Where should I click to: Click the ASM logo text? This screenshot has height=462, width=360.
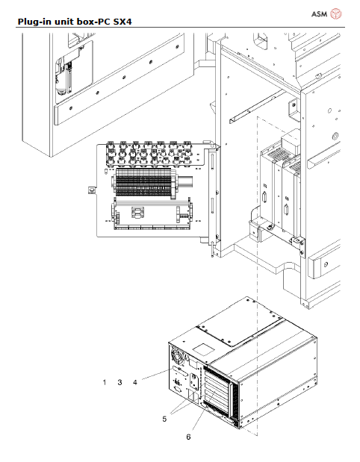pos(318,13)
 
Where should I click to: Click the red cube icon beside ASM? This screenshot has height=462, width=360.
pos(336,13)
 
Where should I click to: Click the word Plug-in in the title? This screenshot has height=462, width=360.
pos(36,22)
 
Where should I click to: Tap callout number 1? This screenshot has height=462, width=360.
pos(105,382)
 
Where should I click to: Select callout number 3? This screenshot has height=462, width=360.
pos(120,382)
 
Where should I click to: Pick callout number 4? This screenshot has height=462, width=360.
pos(135,382)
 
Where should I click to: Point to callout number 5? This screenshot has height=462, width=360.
pos(164,419)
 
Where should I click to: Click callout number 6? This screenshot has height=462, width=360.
pos(188,437)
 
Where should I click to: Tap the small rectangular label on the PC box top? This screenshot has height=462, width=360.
pos(202,347)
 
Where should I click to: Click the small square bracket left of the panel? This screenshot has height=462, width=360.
pos(91,190)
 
